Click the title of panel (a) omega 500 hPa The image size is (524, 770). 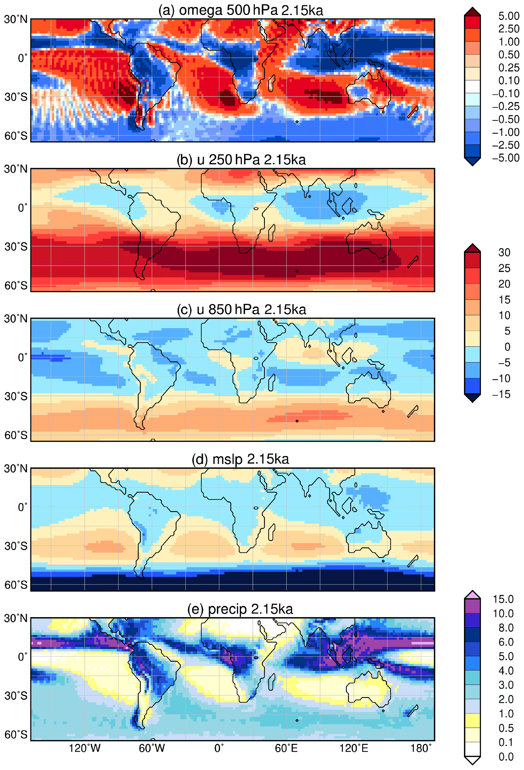[x=240, y=10]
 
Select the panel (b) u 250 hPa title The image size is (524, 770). [x=241, y=160]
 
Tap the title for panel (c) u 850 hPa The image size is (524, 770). [x=241, y=309]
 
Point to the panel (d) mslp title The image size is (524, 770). [x=240, y=459]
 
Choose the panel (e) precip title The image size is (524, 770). [x=240, y=609]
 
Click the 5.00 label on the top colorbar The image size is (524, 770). [x=509, y=16]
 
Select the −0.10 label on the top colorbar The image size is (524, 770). [x=506, y=93]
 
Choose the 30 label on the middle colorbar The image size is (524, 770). [x=504, y=252]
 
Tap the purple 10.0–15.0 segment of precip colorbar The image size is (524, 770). [x=472, y=606]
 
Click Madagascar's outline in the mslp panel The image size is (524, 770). [x=272, y=532]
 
